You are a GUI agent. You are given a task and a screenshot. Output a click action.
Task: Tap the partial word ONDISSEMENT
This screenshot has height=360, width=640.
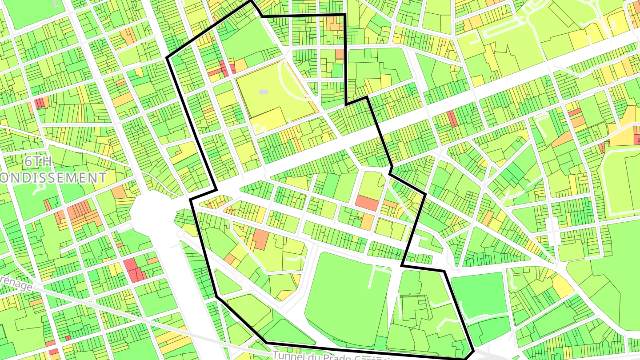(53, 178)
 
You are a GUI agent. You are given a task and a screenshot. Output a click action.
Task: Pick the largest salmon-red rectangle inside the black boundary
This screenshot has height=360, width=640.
(367, 203)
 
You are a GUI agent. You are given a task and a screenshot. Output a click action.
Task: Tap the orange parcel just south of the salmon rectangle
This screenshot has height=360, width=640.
(367, 221)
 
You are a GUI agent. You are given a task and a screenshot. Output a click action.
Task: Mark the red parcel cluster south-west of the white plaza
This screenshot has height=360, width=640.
(134, 269)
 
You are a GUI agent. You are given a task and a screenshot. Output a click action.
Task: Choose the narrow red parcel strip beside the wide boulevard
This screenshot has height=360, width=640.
(452, 119)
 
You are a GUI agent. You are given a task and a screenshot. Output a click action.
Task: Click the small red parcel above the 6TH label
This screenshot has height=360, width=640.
(40, 103)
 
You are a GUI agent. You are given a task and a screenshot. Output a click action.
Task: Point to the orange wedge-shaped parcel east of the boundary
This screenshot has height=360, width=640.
(562, 139)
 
